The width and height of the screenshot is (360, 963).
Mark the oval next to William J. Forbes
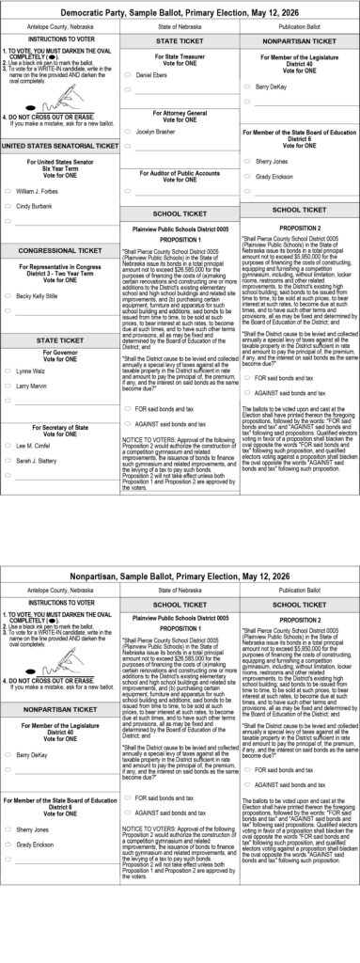tap(8, 191)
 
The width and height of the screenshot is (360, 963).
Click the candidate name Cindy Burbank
tap(35, 206)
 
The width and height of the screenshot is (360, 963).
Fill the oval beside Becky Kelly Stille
tap(8, 295)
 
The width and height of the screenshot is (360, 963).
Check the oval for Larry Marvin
tap(8, 387)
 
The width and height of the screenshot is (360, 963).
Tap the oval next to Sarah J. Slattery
tap(8, 460)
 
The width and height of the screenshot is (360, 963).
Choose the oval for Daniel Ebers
tap(128, 73)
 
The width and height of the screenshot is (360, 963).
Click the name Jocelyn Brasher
tap(156, 132)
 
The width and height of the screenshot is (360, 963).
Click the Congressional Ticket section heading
tap(59, 251)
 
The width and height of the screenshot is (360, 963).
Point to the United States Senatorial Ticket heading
tap(59, 147)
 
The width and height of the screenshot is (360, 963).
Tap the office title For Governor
tap(59, 352)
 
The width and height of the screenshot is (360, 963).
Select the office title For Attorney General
tap(180, 113)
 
